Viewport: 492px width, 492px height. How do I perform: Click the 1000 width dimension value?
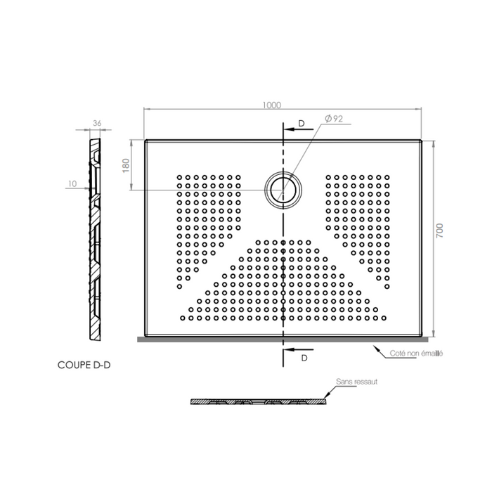click(x=273, y=105)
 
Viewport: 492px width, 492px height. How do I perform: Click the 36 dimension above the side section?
click(x=97, y=124)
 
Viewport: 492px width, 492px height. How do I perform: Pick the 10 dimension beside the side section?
click(x=73, y=184)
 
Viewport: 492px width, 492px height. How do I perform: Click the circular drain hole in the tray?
click(x=283, y=190)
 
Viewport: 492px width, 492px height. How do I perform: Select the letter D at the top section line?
click(x=301, y=124)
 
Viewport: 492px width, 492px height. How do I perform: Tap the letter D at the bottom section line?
click(x=304, y=358)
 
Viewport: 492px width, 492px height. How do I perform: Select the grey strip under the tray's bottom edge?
click(x=281, y=338)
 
